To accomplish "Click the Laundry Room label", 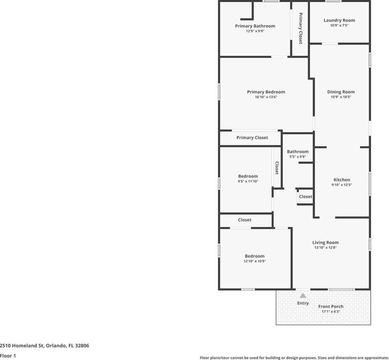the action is click(x=339, y=20).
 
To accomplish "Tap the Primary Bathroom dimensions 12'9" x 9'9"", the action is click(x=255, y=31).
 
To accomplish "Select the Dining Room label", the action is click(x=341, y=92).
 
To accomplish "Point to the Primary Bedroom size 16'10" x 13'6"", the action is click(x=266, y=97).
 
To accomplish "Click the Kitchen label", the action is click(x=342, y=180).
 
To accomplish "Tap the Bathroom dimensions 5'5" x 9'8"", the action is click(x=298, y=157).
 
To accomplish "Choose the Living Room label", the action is click(x=325, y=243).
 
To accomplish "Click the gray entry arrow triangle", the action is click(x=303, y=295).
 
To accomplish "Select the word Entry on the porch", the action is click(x=303, y=303).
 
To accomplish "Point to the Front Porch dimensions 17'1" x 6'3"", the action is click(x=331, y=311).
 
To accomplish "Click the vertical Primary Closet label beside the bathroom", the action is click(x=301, y=28).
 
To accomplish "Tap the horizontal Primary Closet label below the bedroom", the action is click(x=252, y=138).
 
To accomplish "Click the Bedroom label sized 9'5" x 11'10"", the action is click(x=248, y=176).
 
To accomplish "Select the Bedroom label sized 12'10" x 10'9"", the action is click(x=254, y=256).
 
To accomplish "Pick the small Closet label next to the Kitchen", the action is click(x=305, y=196).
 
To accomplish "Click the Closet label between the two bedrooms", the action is click(x=244, y=220).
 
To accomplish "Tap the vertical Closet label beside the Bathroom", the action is click(x=277, y=168).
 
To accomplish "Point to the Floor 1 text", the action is click(x=8, y=356).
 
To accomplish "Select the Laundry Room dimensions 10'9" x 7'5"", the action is click(x=339, y=25).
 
